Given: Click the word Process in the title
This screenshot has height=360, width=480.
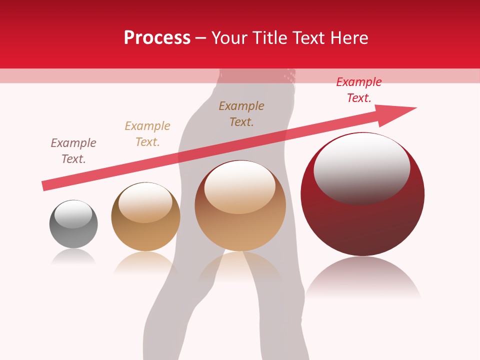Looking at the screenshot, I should [157, 38].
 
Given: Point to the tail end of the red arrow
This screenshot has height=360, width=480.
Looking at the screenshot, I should [45, 186].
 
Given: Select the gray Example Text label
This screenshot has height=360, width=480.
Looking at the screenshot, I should [73, 151].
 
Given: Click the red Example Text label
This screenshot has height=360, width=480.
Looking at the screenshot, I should [359, 90].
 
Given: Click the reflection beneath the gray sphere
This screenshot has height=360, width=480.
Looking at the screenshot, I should [73, 256].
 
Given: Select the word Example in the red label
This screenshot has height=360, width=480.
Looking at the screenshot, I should [359, 82].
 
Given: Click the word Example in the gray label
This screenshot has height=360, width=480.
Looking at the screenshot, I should [73, 143].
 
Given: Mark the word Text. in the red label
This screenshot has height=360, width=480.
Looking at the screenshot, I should [359, 98].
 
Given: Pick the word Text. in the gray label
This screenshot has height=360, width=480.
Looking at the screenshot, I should [73, 159].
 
